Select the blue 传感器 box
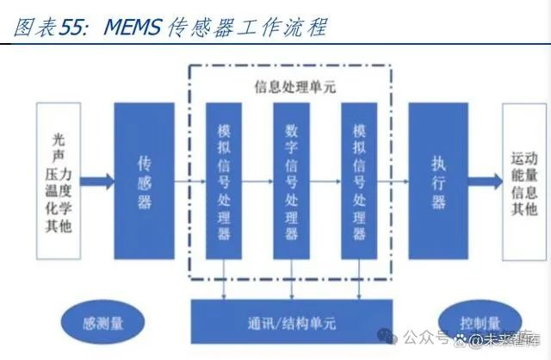(x=144, y=181)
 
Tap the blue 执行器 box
(x=438, y=181)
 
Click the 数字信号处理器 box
(x=291, y=181)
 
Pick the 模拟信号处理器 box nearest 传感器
(x=224, y=181)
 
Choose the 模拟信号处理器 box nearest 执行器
(x=359, y=181)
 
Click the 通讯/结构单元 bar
(x=292, y=321)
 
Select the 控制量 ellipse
(x=479, y=322)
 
